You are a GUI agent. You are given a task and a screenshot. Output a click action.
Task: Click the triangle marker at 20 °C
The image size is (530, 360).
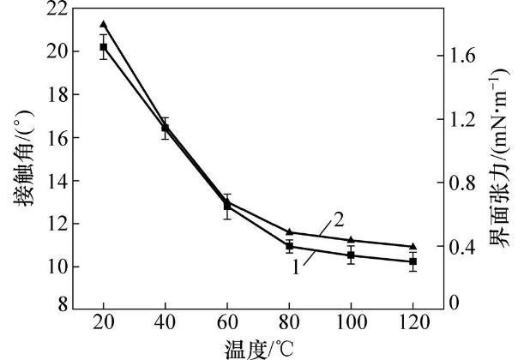(x=103, y=24)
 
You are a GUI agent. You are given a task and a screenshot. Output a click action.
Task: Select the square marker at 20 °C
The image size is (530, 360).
(x=103, y=47)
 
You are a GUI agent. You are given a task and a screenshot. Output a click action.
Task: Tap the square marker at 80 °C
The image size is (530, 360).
(x=289, y=246)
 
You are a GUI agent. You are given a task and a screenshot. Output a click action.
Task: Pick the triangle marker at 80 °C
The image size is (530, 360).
(x=289, y=231)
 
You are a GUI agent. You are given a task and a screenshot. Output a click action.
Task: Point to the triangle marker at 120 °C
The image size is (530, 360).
(x=413, y=246)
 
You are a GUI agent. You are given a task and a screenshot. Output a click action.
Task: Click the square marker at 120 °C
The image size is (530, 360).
(x=413, y=261)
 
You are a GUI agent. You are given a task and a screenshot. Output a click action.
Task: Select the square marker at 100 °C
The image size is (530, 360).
(x=351, y=255)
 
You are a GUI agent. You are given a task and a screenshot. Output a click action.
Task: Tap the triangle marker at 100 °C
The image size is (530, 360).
(x=351, y=240)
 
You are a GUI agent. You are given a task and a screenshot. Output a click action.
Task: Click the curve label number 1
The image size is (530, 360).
(x=294, y=267)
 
